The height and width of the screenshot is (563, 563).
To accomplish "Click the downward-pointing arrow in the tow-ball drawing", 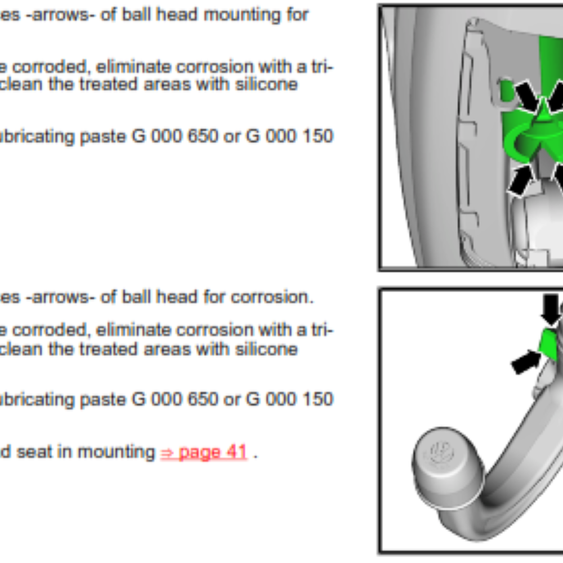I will click(551, 309).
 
